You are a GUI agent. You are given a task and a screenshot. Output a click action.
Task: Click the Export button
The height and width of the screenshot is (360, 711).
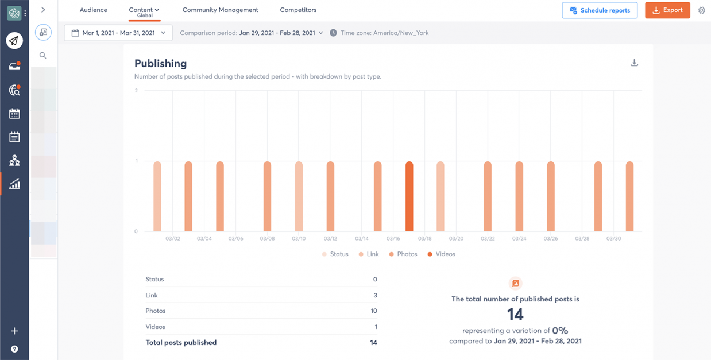tap(667, 10)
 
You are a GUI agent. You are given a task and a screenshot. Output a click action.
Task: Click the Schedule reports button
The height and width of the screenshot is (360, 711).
tap(600, 10)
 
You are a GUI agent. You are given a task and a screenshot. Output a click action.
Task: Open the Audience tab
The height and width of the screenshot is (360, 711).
tap(93, 10)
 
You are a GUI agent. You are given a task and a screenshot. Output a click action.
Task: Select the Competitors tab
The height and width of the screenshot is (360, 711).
tap(298, 10)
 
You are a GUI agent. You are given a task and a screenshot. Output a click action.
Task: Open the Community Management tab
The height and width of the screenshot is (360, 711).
tap(220, 10)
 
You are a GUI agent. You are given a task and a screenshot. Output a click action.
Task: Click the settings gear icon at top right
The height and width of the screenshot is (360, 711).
tap(701, 10)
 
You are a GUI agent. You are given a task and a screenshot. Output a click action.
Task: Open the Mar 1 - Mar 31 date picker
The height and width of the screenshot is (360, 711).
tap(118, 33)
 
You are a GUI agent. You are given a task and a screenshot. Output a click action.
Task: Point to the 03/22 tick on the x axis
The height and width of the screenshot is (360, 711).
tap(488, 238)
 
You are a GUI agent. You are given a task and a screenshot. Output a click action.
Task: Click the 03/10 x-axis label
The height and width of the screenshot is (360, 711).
tap(298, 238)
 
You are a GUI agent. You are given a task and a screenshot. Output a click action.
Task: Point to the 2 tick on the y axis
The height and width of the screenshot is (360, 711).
tap(136, 91)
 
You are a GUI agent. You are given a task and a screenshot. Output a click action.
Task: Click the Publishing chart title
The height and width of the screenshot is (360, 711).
tap(160, 64)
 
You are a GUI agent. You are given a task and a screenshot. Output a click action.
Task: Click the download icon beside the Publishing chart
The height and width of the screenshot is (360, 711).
tap(634, 63)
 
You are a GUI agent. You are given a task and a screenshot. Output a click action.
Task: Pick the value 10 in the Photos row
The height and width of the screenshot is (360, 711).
tap(373, 311)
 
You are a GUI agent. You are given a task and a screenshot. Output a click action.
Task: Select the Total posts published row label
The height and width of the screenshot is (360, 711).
tap(181, 342)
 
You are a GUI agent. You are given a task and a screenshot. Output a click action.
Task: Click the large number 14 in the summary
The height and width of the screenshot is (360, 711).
tap(515, 314)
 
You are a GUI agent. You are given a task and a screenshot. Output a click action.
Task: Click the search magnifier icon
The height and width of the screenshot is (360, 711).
tap(43, 56)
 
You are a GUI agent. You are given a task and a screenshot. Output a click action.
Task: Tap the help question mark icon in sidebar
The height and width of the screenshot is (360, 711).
tap(14, 349)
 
